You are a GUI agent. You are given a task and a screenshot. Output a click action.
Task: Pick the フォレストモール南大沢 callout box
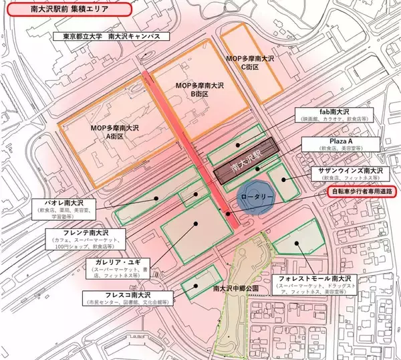pos(317,284)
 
